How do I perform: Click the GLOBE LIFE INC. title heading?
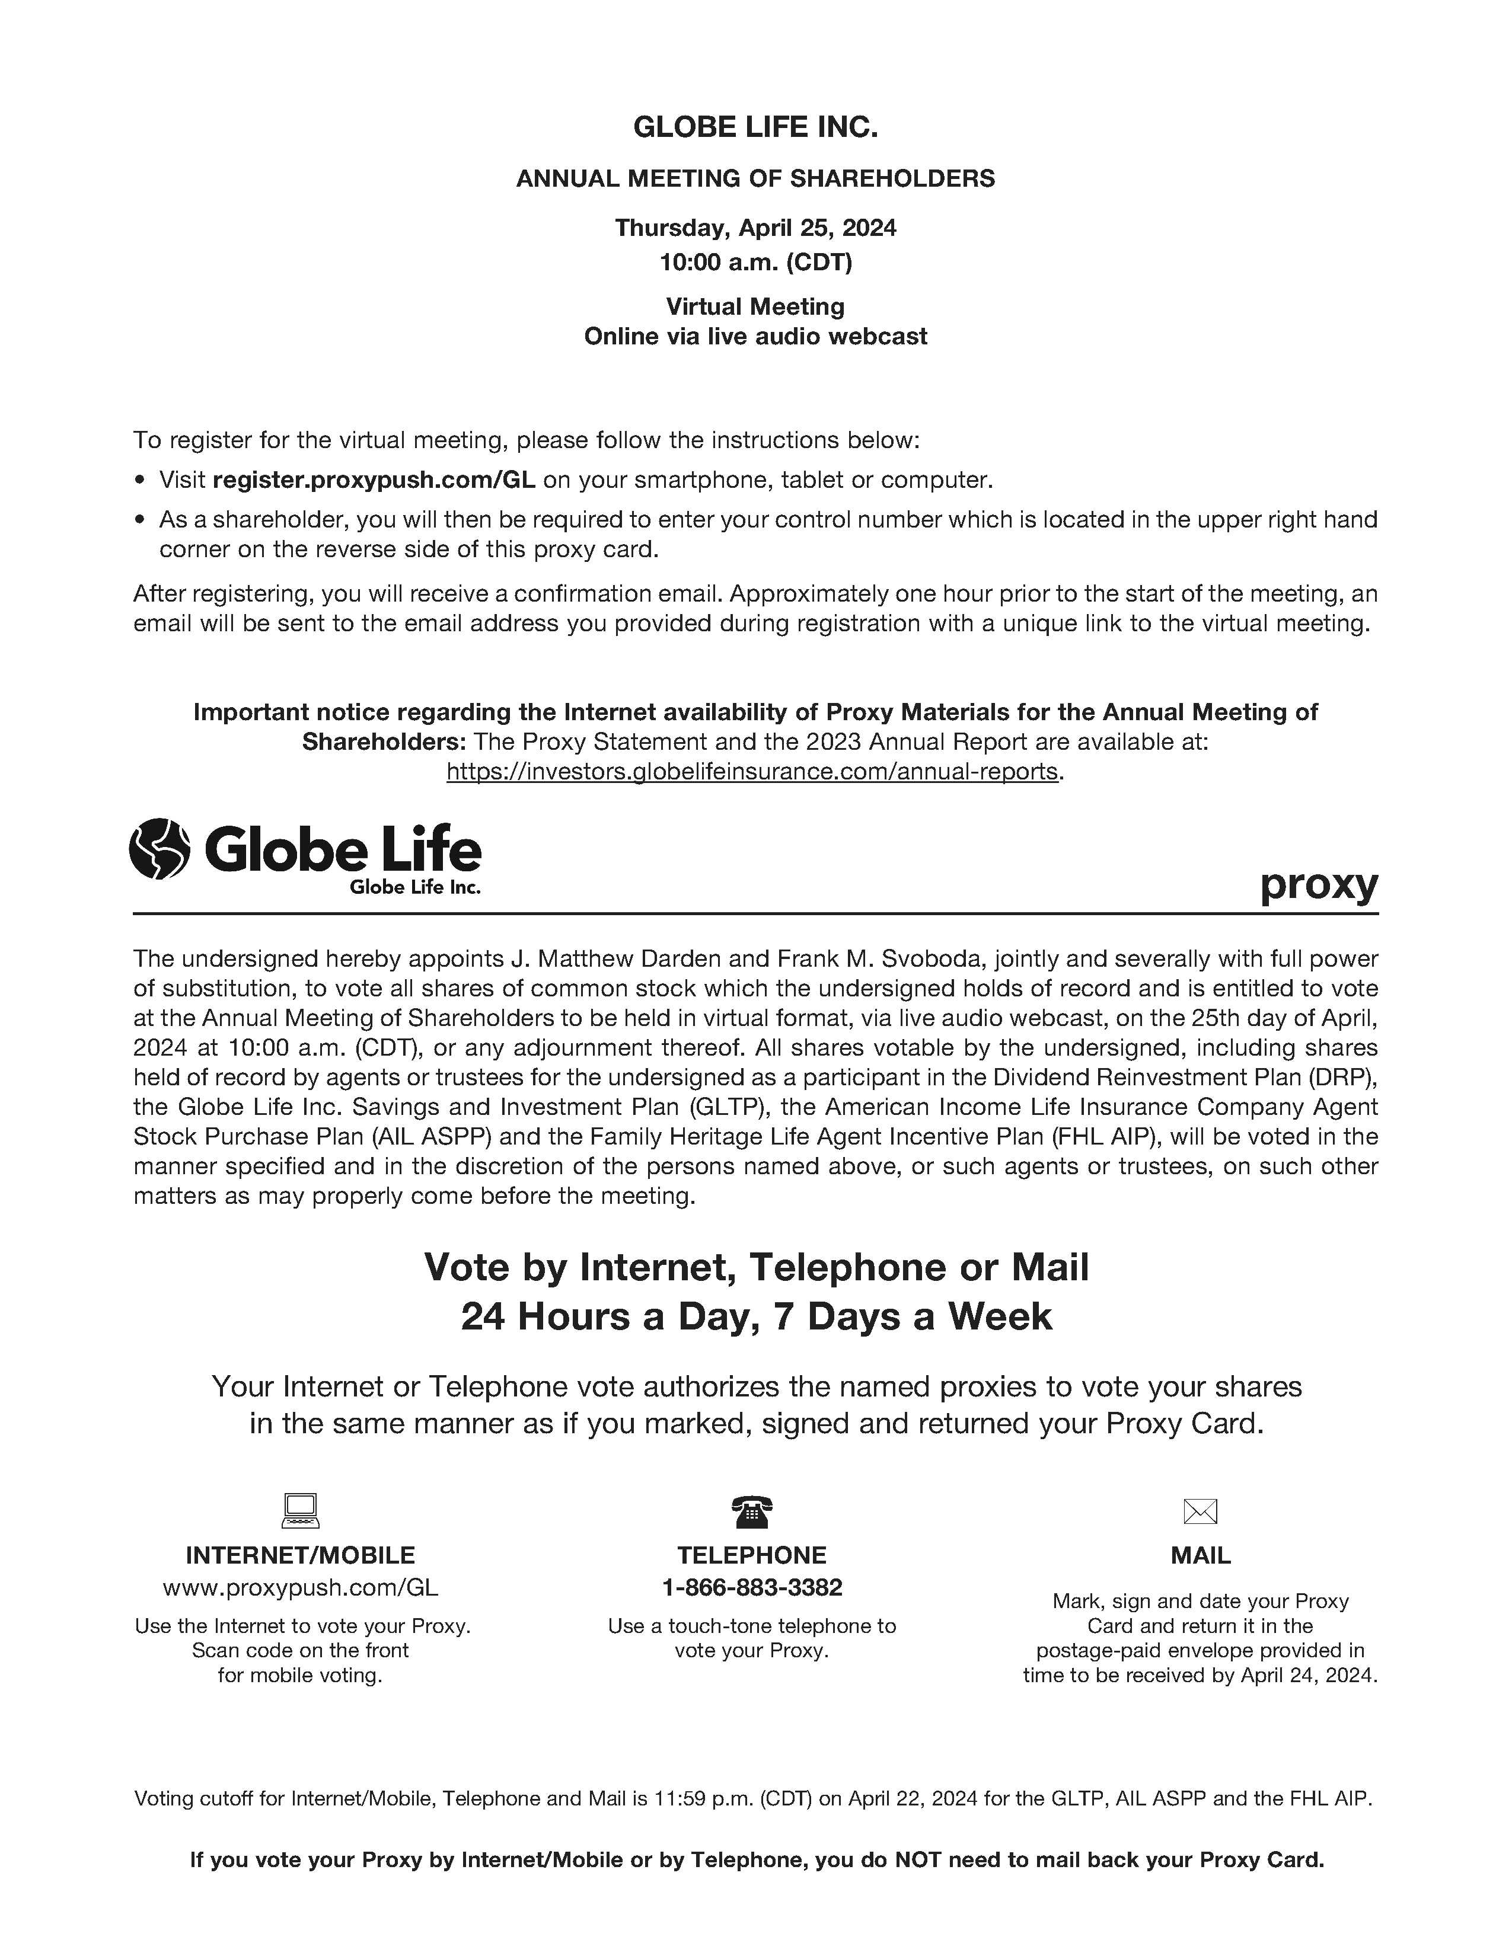tap(755, 127)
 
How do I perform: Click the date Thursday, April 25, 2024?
tap(755, 228)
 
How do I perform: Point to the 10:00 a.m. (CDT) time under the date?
tap(755, 263)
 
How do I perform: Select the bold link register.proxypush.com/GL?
tap(374, 480)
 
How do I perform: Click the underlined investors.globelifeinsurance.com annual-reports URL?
tap(752, 771)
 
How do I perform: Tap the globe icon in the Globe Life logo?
tap(160, 848)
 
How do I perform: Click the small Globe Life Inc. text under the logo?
tap(414, 887)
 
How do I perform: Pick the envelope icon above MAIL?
tap(1200, 1512)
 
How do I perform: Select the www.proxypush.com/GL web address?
tap(301, 1588)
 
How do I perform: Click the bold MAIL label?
tap(1200, 1556)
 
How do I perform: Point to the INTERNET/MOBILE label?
tap(301, 1556)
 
